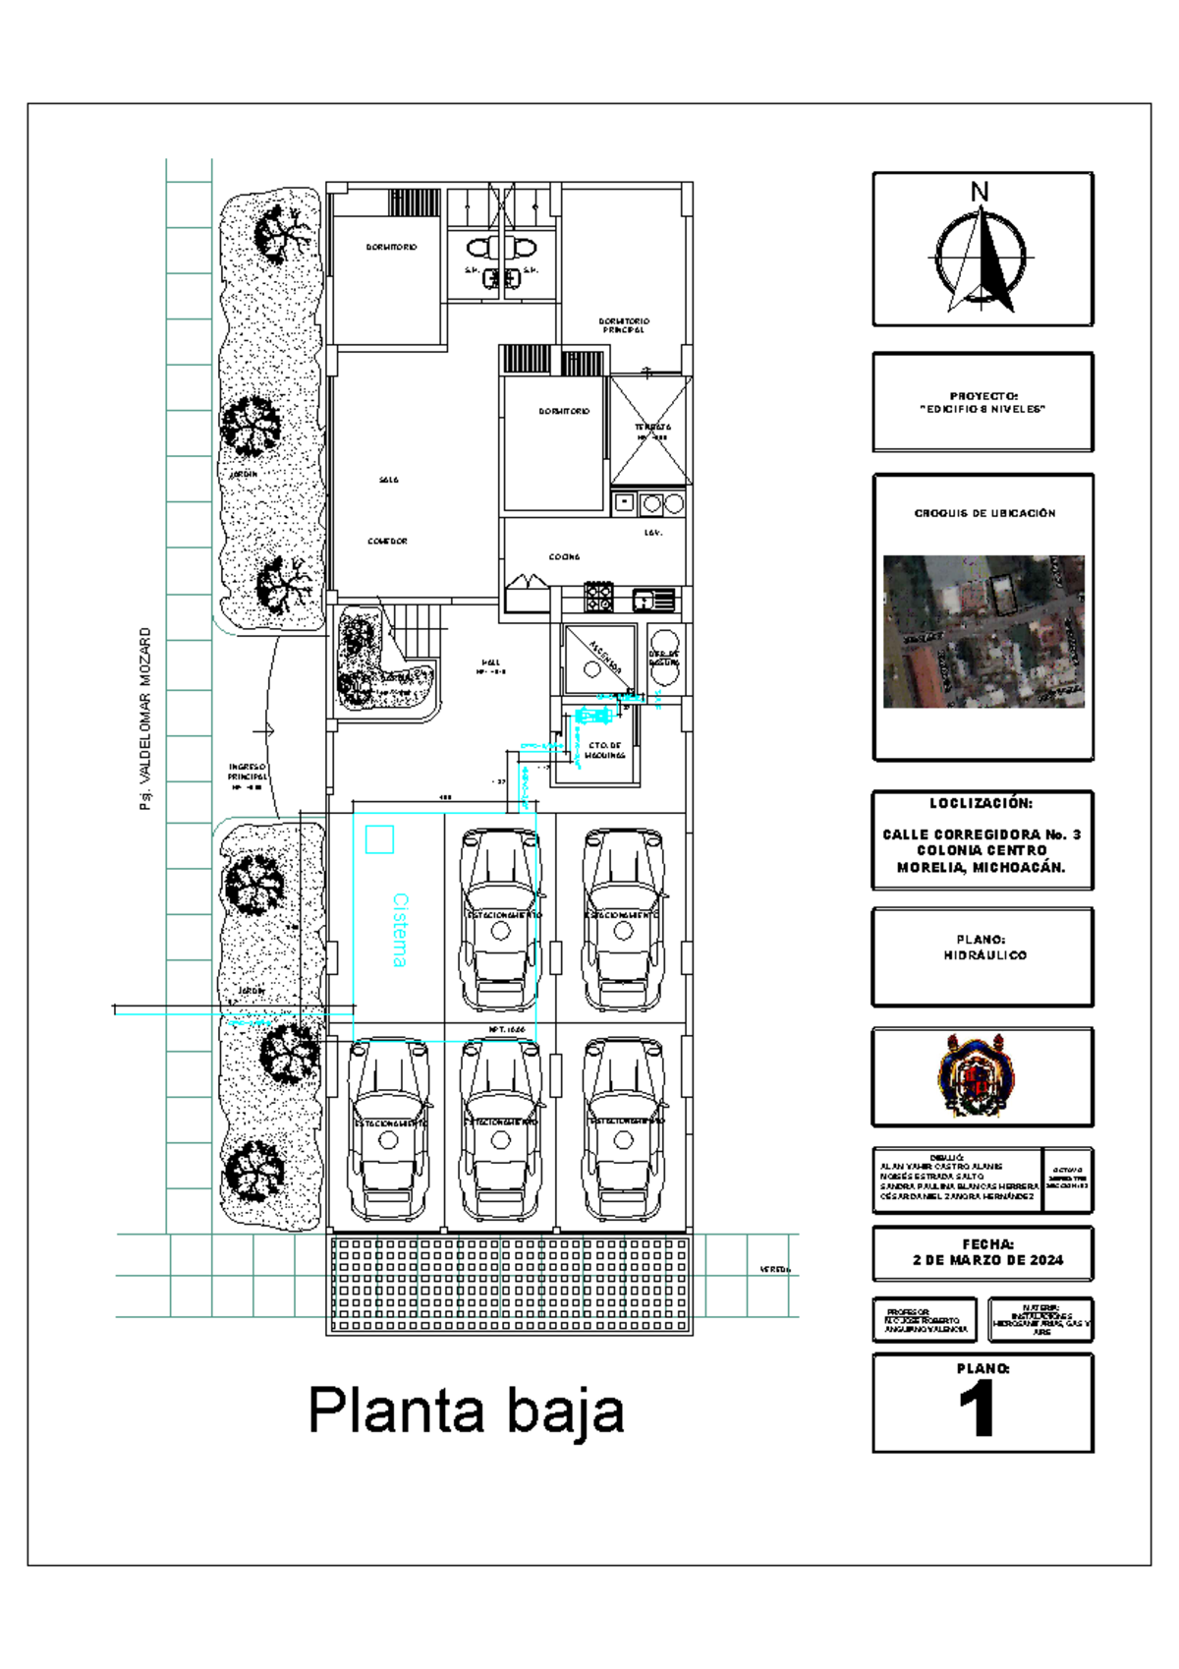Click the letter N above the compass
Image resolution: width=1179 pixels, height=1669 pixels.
[980, 192]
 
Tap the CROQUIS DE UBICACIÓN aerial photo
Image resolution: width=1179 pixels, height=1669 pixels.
[983, 631]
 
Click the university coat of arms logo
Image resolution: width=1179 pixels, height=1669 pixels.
[976, 1075]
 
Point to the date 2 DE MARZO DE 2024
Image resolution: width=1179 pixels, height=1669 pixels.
[987, 1259]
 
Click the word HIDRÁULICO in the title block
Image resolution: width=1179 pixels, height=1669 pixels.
[984, 954]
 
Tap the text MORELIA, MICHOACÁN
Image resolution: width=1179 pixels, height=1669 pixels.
[981, 867]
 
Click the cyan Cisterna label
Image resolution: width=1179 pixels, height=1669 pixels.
[400, 930]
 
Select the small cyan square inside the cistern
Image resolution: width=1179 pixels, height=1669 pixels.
[379, 838]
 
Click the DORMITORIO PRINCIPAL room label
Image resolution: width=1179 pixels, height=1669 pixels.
[624, 325]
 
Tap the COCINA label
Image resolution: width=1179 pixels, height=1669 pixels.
[564, 556]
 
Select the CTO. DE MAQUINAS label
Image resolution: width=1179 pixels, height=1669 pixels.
[604, 750]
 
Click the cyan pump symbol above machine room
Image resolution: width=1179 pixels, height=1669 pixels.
[592, 715]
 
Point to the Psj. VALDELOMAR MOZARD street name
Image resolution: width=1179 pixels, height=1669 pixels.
[145, 719]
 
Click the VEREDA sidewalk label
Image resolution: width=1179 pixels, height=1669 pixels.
[774, 1269]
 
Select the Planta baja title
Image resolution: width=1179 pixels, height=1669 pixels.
[466, 1410]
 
